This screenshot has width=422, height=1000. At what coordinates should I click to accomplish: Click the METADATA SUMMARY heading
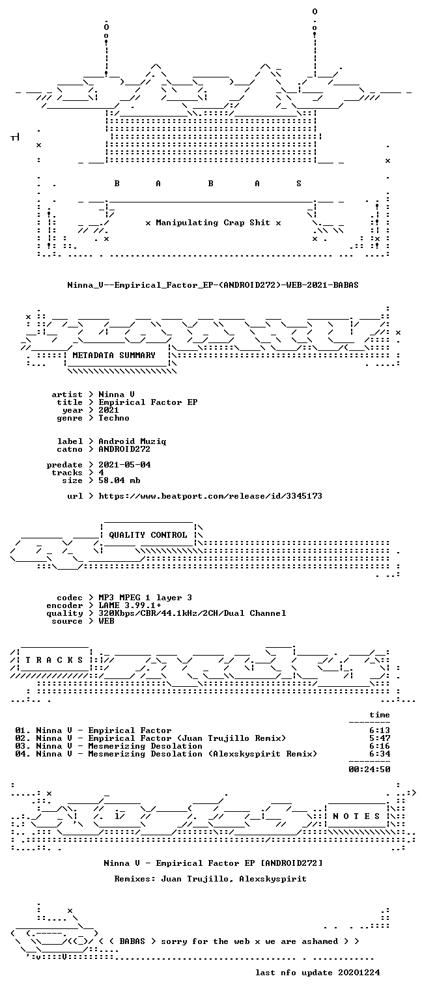114,355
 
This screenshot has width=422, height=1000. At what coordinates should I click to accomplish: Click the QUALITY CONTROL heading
148,535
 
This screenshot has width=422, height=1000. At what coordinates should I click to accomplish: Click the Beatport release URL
210,496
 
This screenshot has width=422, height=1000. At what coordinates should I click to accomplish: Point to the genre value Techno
114,418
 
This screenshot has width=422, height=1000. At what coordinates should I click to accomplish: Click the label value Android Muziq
132,441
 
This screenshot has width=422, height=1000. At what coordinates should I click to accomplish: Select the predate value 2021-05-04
124,465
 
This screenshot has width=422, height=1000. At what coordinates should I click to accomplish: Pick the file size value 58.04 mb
119,480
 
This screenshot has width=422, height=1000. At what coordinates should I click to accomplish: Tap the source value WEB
106,621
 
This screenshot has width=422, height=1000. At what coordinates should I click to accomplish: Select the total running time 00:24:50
369,769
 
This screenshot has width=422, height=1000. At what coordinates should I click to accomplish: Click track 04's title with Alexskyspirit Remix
177,754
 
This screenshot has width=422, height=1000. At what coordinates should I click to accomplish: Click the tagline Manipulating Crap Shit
213,222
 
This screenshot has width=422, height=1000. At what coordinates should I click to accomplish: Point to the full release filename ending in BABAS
213,285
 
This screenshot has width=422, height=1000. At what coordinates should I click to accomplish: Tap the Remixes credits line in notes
210,878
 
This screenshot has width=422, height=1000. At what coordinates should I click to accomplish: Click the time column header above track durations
380,715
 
